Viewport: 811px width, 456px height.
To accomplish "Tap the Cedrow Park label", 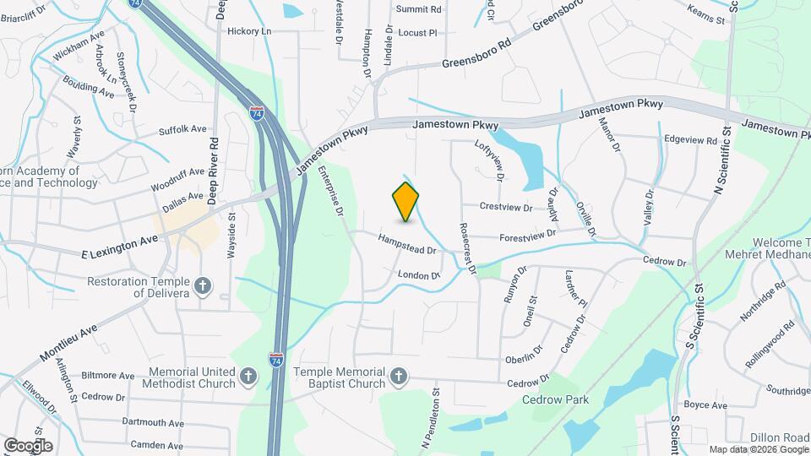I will [x=555, y=399].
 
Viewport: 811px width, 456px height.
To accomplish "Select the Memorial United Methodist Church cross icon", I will [x=248, y=374].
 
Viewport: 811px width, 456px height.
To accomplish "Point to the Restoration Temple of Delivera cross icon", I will [x=202, y=286].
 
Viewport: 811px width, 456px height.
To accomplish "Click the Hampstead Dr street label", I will [x=406, y=245].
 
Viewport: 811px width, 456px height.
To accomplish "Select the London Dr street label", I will [x=420, y=275].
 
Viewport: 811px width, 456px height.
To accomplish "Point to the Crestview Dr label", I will [x=505, y=207].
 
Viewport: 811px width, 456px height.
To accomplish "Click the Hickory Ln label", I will [x=249, y=31].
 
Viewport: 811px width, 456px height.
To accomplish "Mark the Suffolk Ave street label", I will [x=182, y=130].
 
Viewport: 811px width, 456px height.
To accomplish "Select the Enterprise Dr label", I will [x=331, y=191].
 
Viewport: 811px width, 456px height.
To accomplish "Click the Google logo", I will [x=28, y=445].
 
